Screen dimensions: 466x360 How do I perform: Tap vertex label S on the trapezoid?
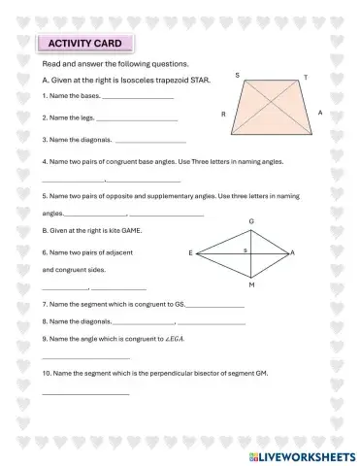point(238,75)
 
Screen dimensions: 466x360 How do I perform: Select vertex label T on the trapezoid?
point(306,77)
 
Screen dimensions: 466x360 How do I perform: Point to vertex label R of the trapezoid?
point(224,115)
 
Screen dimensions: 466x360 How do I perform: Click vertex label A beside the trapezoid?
point(319,114)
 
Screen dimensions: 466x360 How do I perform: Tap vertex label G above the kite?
point(252,221)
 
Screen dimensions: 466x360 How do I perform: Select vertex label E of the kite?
point(191,252)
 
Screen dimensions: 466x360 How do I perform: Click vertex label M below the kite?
point(252,286)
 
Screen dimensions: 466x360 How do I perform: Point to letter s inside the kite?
point(245,250)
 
